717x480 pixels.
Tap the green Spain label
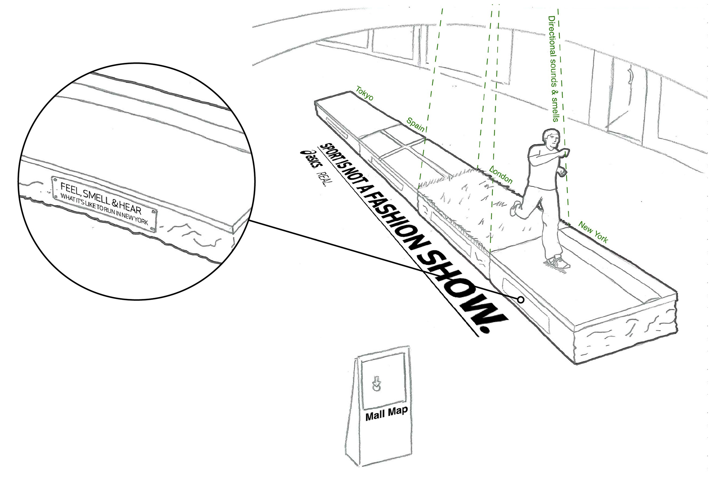pyautogui.click(x=416, y=124)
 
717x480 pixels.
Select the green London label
pyautogui.click(x=501, y=175)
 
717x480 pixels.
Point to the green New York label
pyautogui.click(x=593, y=232)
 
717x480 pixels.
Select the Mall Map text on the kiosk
pyautogui.click(x=386, y=413)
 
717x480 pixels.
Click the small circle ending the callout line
pyautogui.click(x=521, y=299)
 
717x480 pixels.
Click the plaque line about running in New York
pyautogui.click(x=104, y=210)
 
